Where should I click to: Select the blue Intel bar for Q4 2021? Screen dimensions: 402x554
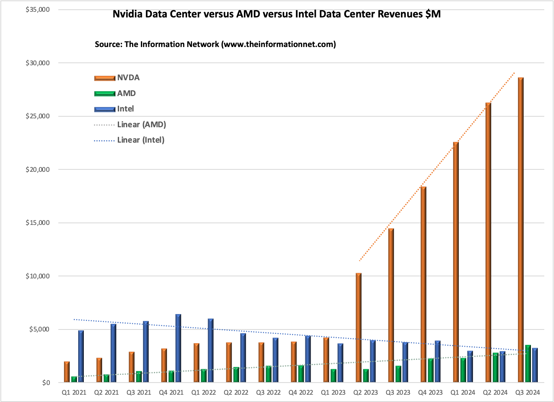178,349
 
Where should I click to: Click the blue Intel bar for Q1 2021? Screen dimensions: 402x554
81,357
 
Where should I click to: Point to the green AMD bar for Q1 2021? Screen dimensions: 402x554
74,379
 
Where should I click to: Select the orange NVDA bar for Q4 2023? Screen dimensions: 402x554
423,284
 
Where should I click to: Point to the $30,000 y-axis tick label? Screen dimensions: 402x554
37,63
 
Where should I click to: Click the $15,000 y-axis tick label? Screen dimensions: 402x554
37,223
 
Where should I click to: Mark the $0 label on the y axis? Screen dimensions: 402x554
46,383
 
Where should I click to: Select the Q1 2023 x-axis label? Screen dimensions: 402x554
333,392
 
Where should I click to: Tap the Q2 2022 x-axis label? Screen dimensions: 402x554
236,392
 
